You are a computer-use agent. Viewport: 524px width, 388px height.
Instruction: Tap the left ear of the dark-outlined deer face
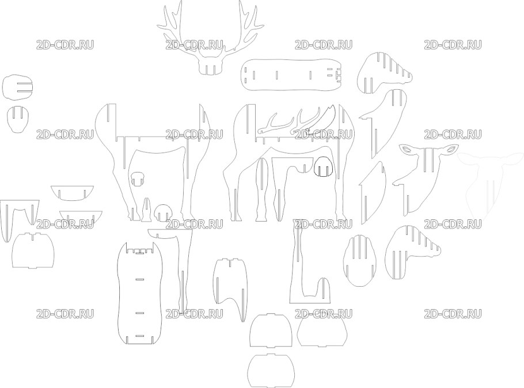[x=407, y=149]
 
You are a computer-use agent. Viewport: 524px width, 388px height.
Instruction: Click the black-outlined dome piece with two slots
[x=324, y=166]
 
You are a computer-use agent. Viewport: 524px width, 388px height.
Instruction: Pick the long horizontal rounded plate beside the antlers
[x=292, y=75]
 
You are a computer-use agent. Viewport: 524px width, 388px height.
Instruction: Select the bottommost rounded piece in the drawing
[x=271, y=370]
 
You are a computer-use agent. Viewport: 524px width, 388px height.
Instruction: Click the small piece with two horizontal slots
[x=18, y=87]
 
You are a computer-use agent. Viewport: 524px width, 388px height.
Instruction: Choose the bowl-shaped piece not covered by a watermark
[x=72, y=193]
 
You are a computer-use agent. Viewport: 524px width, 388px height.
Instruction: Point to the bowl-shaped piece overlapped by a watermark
[x=81, y=217]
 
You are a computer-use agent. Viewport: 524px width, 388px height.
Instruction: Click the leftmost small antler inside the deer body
[x=274, y=124]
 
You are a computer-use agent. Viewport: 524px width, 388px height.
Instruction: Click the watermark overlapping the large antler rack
[x=194, y=45]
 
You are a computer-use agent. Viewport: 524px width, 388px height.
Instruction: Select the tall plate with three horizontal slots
[x=140, y=293]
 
